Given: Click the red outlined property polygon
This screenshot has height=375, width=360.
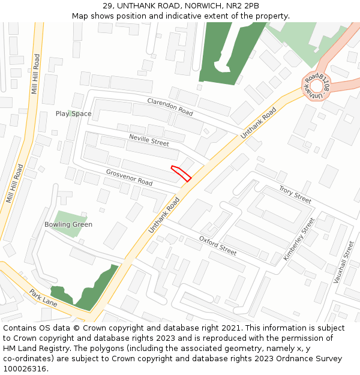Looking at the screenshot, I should [181, 173].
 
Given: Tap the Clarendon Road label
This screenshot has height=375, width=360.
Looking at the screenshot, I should [170, 107].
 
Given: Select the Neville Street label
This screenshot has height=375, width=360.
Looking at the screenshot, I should [149, 141].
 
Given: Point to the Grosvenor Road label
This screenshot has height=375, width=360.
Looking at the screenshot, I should [129, 177].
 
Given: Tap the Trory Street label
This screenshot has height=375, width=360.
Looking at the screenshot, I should [295, 194].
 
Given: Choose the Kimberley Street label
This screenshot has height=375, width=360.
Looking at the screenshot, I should [299, 239].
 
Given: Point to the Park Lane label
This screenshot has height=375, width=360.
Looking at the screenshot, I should [43, 297].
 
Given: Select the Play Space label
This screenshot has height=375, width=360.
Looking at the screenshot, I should [73, 113].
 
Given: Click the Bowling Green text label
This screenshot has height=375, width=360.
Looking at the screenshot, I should [68, 224].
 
